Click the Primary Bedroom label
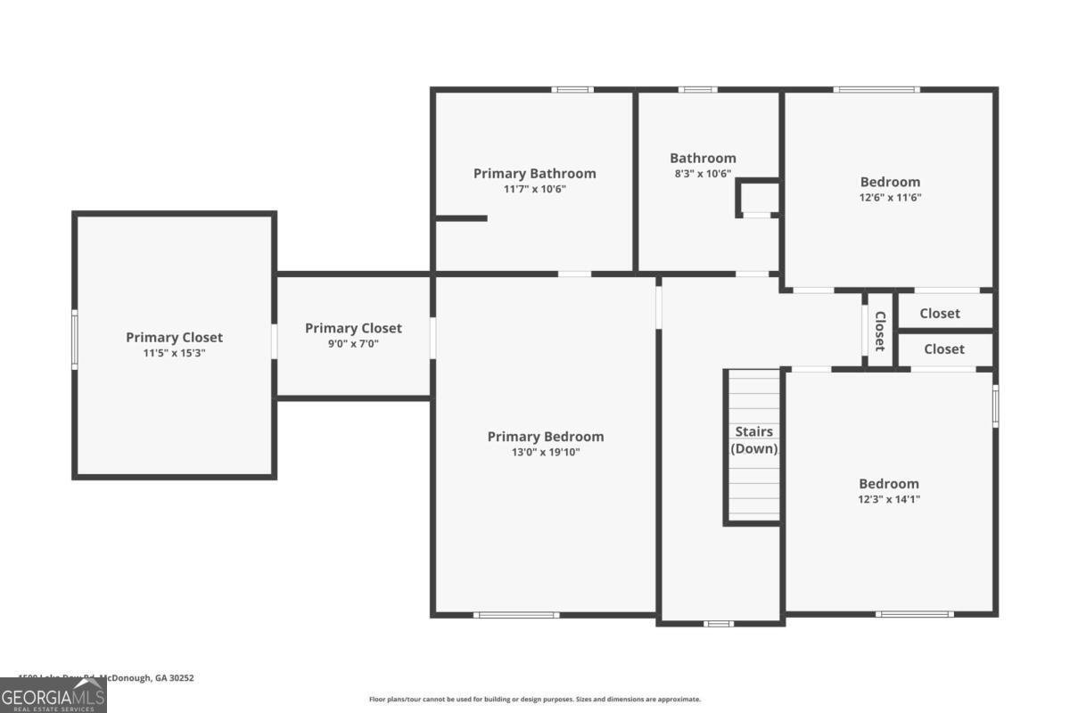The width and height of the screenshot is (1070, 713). [x=545, y=437]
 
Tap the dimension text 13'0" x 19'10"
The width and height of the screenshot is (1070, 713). [x=545, y=452]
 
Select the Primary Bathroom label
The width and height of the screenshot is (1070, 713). [x=534, y=174]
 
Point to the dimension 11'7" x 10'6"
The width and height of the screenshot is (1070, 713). [x=534, y=189]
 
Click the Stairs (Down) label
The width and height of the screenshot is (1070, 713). [x=754, y=440]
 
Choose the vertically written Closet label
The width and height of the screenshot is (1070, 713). [x=879, y=331]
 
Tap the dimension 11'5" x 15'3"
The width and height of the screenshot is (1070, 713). [x=174, y=353]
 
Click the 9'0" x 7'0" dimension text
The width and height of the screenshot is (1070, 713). [x=353, y=343]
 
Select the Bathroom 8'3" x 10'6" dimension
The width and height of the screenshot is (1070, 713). [x=703, y=174]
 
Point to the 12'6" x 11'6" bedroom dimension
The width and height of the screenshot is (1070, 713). [x=889, y=198]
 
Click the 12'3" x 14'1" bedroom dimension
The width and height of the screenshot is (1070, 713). [x=888, y=499]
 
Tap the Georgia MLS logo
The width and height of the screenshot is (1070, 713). [x=53, y=695]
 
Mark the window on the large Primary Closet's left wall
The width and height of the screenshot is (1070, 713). [x=75, y=339]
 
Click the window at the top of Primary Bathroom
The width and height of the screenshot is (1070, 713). [x=572, y=90]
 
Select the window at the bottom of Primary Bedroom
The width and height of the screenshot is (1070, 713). [x=516, y=614]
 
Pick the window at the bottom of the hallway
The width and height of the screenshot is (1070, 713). [x=719, y=623]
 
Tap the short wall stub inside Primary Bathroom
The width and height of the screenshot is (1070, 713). [x=461, y=218]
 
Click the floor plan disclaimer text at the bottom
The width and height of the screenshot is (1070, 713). [x=535, y=700]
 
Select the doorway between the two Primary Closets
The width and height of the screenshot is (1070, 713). [x=275, y=340]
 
